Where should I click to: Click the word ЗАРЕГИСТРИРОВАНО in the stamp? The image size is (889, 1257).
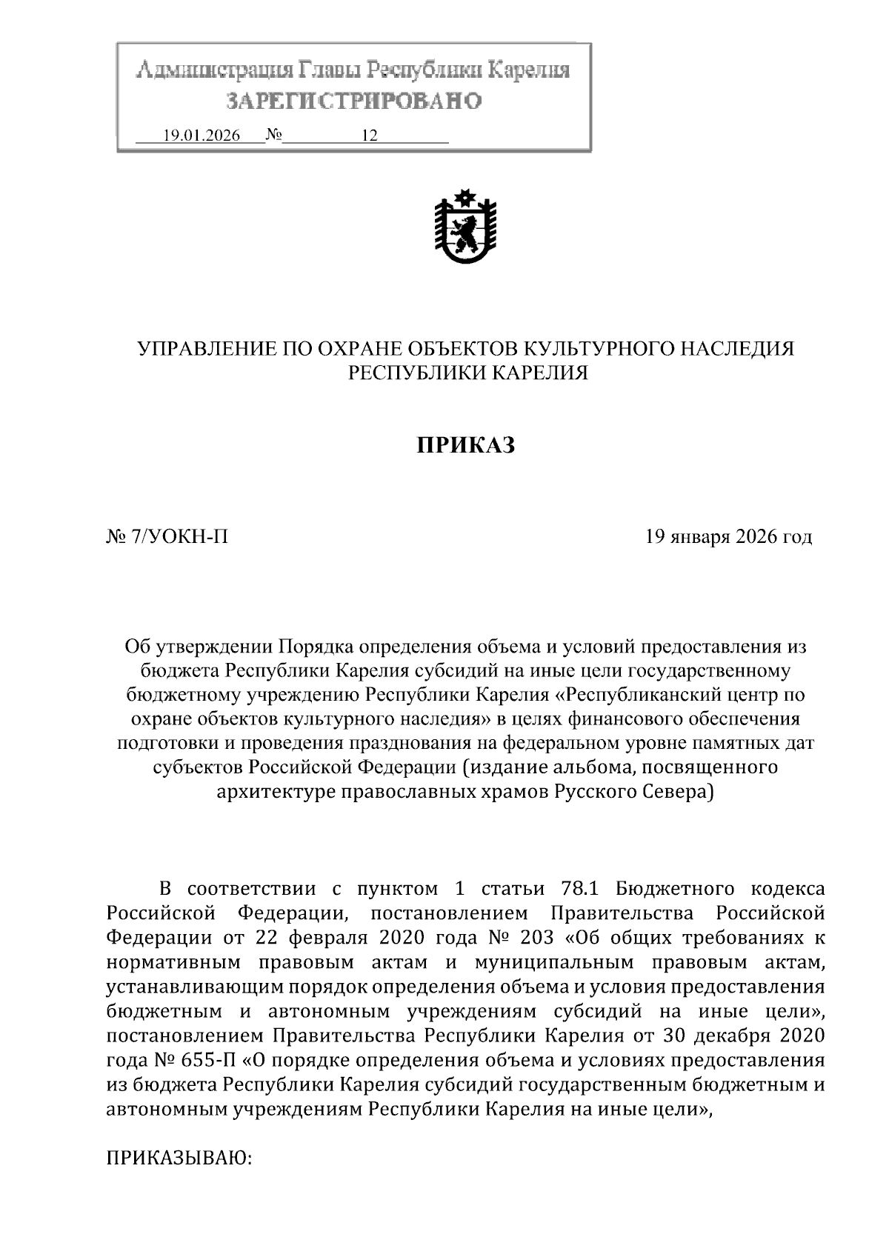click(353, 100)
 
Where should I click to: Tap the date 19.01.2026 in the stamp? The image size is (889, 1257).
click(201, 136)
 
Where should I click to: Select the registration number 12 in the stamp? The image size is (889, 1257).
click(370, 136)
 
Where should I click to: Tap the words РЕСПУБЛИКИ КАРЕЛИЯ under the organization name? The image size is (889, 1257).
click(468, 373)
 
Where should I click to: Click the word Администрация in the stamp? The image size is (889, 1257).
click(213, 72)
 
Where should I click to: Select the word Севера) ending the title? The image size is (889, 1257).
click(679, 792)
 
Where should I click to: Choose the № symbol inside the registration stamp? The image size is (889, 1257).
click(274, 136)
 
